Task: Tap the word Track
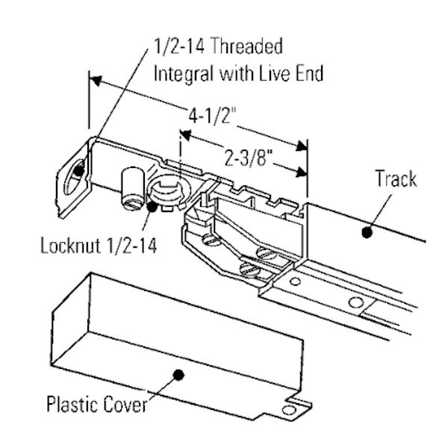pyautogui.click(x=395, y=179)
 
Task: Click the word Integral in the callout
pyautogui.click(x=184, y=74)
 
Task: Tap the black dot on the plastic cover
pyautogui.click(x=178, y=375)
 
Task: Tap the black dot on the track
pyautogui.click(x=366, y=232)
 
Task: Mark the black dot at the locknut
pyautogui.click(x=152, y=205)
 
